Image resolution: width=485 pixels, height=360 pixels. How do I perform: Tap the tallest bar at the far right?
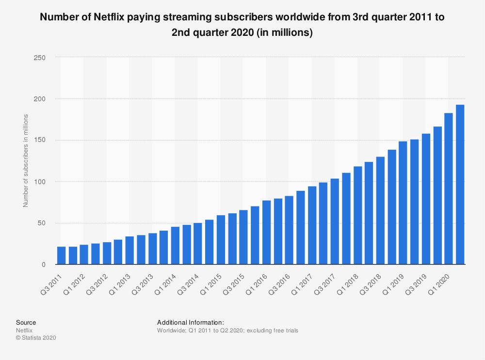pos(460,185)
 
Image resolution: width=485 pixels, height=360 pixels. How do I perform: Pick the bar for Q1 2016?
pos(267,233)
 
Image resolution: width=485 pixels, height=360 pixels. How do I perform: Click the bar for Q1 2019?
pos(403,203)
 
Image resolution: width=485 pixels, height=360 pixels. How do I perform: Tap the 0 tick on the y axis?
pos(43,265)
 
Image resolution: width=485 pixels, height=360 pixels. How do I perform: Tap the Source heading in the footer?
pos(26,322)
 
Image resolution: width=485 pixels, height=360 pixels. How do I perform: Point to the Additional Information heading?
pos(190,322)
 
